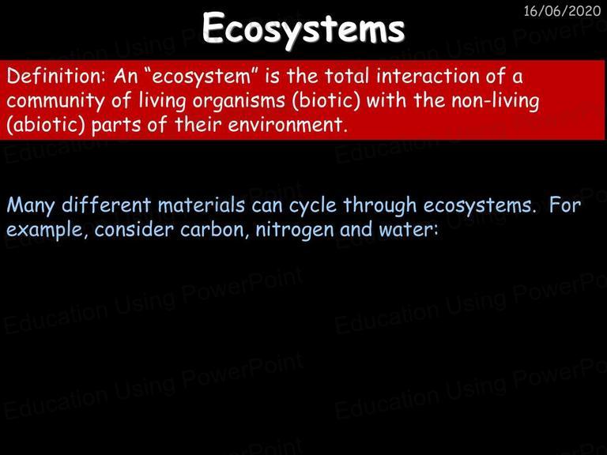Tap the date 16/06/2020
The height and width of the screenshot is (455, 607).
click(x=562, y=11)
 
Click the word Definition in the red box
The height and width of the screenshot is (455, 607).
click(x=55, y=76)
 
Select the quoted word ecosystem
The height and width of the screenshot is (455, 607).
click(x=202, y=77)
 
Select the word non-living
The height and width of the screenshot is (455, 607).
click(x=495, y=101)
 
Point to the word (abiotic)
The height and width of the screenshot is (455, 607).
click(x=45, y=125)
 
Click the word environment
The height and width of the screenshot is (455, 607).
click(x=287, y=126)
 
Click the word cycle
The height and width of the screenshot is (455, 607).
click(x=313, y=206)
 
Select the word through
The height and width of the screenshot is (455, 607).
click(x=379, y=206)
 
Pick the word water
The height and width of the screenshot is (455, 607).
click(x=409, y=230)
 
